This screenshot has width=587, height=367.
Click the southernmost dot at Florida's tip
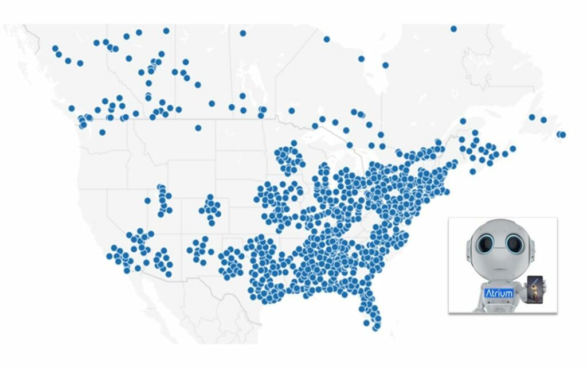coord(376,327)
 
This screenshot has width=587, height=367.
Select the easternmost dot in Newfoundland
coord(562,135)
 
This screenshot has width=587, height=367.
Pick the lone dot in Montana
coord(198,128)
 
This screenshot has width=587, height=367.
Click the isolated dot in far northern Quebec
coord(453,29)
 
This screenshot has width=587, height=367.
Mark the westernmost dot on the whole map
coord(55,49)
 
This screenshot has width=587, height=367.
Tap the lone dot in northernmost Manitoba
coord(243,33)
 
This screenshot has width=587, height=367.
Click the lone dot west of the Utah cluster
coord(148,201)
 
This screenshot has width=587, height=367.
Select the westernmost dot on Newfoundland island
coord(532,117)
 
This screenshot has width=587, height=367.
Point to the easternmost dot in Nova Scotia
coord(512,149)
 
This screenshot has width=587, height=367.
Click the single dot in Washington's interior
coord(102,132)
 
